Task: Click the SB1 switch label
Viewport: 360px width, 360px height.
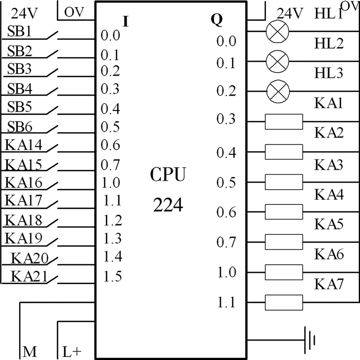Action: [20, 31]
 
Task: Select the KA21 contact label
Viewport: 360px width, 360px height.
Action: [29, 276]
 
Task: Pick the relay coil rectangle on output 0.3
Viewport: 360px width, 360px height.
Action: [283, 122]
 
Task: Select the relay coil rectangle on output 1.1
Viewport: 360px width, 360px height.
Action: [283, 302]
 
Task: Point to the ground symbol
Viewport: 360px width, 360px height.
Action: [309, 340]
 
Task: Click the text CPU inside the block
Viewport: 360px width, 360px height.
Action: [168, 175]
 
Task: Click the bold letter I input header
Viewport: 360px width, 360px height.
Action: [126, 22]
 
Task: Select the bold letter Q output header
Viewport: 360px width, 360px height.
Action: [217, 20]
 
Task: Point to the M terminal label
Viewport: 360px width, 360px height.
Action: [29, 352]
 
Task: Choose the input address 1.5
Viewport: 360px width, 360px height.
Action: [112, 277]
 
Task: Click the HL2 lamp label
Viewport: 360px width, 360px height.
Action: [329, 44]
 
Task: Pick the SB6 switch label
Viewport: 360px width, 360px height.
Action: [20, 127]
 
